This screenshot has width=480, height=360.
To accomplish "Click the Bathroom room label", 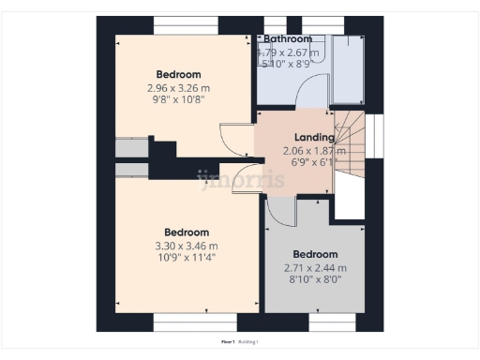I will tap(287, 38).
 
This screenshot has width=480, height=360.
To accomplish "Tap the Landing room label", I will tap(314, 137).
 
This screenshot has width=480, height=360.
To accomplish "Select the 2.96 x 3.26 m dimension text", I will tap(178, 88).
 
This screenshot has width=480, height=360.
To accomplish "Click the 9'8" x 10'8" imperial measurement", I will tap(178, 99).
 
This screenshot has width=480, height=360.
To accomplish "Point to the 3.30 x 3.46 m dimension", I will tap(187, 247).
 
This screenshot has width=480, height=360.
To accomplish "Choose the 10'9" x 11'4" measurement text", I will tap(187, 258).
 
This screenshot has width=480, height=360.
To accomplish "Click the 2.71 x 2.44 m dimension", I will tap(315, 268).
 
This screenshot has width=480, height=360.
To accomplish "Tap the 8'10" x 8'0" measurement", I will tap(315, 279).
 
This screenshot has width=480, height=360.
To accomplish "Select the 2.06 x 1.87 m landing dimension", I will tap(315, 150).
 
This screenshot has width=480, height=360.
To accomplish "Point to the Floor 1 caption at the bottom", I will tap(228, 343).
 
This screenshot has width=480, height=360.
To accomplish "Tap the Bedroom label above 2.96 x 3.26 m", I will tap(178, 74).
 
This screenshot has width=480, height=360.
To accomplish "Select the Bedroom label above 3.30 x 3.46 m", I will tap(187, 232).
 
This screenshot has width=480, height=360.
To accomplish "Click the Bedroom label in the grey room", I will tap(315, 254).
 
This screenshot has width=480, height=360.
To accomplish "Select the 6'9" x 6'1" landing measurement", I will tap(315, 161).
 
